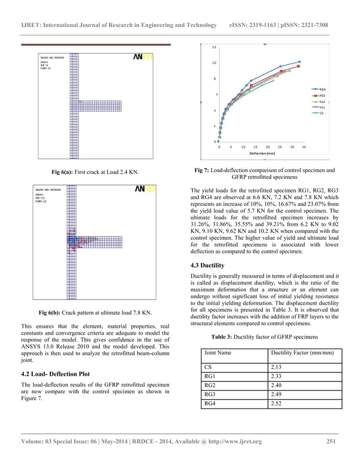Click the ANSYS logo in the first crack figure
click(x=143, y=57)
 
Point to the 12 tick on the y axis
click(x=213, y=47)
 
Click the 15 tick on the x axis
click(x=256, y=147)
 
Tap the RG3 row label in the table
click(x=211, y=395)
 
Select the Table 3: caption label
click(x=229, y=337)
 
